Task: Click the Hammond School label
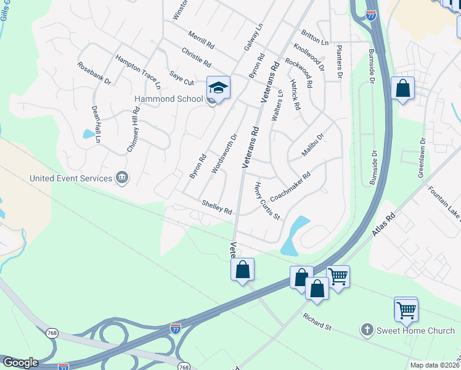pos(169,99)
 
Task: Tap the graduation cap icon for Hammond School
pos(218,88)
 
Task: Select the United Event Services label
pos(71,178)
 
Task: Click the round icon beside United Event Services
pos(122,178)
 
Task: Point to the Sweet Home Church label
pos(415,331)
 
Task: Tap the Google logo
pos(20,363)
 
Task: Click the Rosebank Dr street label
pos(94,73)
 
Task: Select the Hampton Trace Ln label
pos(138,70)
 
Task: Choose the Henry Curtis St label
pos(267,201)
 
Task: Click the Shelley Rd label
pos(216,207)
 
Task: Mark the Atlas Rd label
pos(383,224)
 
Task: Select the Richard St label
pos(317,321)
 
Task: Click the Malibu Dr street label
pos(312,146)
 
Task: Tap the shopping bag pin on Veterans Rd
pos(243,269)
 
